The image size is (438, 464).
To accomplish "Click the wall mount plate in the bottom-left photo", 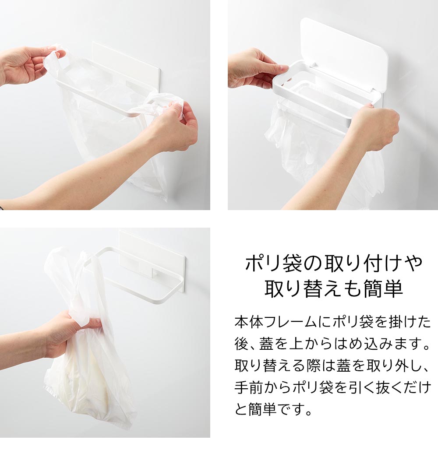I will pos(151,254).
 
